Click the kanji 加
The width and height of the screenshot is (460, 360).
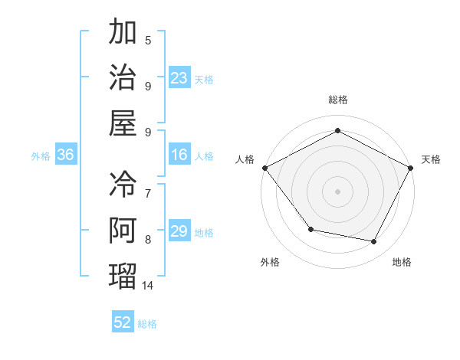pyautogui.click(x=123, y=33)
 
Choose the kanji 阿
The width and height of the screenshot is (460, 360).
pyautogui.click(x=123, y=230)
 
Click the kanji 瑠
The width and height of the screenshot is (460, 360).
pyautogui.click(x=123, y=275)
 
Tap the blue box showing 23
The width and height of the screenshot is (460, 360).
pyautogui.click(x=179, y=77)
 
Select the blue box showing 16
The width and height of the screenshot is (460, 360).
pyautogui.click(x=179, y=155)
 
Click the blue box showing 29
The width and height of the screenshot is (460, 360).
pyautogui.click(x=179, y=231)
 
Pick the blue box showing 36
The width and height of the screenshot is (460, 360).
pyautogui.click(x=66, y=155)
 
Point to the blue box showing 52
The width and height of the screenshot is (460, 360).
pyautogui.click(x=123, y=322)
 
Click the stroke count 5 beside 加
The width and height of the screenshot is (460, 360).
pyautogui.click(x=148, y=41)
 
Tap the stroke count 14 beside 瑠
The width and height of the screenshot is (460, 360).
pyautogui.click(x=148, y=285)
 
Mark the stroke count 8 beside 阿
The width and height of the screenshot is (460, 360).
pyautogui.click(x=148, y=240)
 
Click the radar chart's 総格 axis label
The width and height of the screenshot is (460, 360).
pyautogui.click(x=338, y=100)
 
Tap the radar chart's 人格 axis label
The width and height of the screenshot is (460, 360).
pyautogui.click(x=245, y=159)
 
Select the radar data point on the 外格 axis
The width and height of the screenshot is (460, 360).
pyautogui.click(x=310, y=229)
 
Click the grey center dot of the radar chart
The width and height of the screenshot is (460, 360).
pyautogui.click(x=338, y=191)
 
